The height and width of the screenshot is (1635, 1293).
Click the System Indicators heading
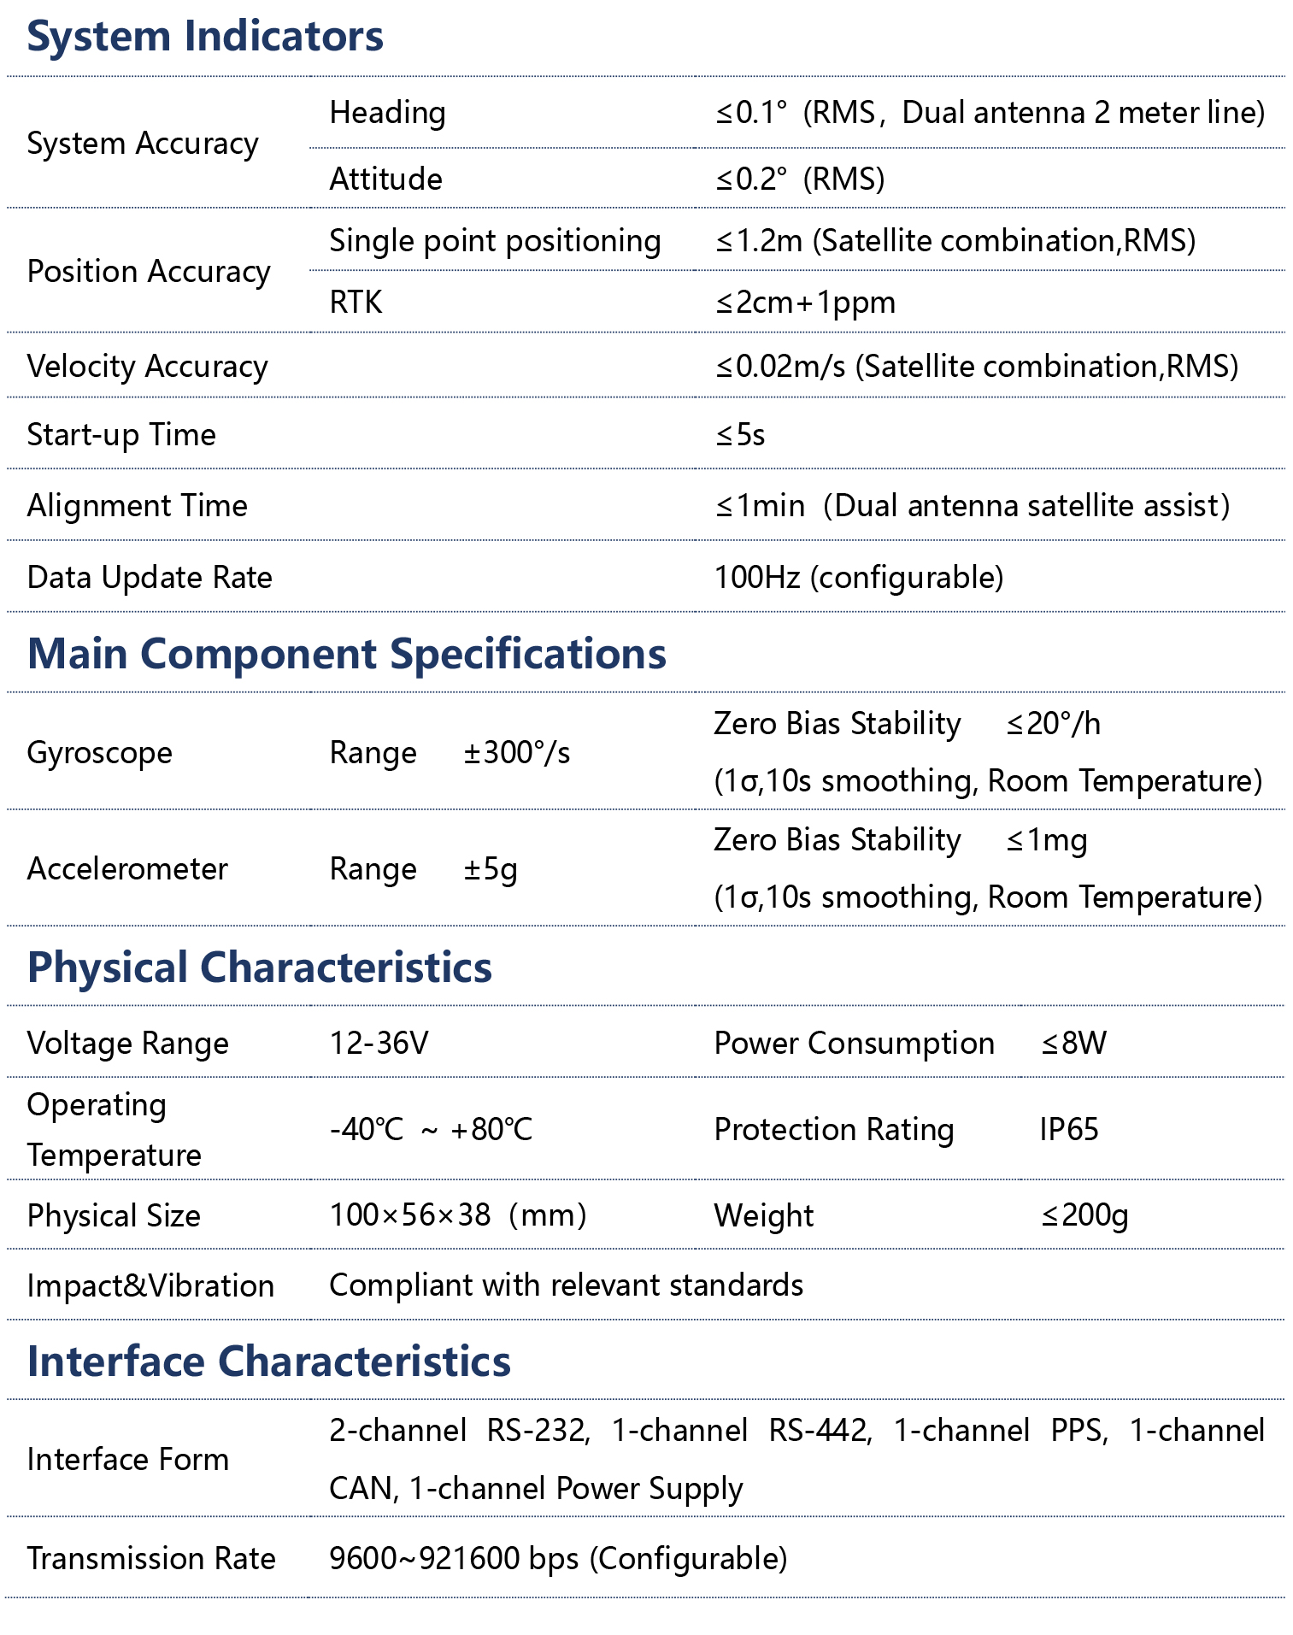coord(205,37)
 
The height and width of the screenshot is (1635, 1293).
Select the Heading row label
coord(387,113)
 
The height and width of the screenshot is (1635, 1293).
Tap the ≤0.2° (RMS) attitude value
coord(800,179)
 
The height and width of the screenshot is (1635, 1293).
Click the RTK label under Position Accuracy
coord(356,303)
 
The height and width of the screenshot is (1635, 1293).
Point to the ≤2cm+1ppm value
coord(805,303)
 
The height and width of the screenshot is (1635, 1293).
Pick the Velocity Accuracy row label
coord(147,366)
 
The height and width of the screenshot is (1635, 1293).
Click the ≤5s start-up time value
coord(740,435)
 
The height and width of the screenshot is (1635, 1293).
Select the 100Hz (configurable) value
coord(858,578)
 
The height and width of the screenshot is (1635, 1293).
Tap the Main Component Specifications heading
coord(346,654)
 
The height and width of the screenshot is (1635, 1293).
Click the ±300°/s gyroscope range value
coord(516,753)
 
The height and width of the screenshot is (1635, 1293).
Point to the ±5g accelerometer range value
coord(491,869)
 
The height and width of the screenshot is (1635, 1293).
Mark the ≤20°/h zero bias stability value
coord(1053,724)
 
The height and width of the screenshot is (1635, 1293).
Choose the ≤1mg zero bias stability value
coord(1046,840)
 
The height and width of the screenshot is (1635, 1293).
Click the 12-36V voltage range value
coord(379,1044)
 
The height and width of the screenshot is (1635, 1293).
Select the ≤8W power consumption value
coord(1073,1044)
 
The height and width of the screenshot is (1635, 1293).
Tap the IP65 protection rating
coord(1068,1130)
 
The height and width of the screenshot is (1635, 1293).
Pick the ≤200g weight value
coord(1084,1215)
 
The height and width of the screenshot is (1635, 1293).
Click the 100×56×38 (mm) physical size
coord(457,1215)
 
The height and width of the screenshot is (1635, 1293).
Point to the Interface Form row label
coord(128,1460)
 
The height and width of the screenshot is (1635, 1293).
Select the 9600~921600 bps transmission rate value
coord(558,1559)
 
